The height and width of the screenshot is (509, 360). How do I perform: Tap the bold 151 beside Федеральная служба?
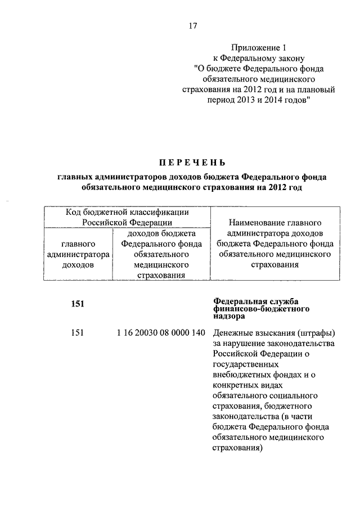click(x=78, y=304)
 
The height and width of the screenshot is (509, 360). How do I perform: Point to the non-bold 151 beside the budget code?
click(x=78, y=332)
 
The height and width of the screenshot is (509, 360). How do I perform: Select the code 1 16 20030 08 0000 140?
click(x=160, y=332)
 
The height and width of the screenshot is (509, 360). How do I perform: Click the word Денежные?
click(x=233, y=332)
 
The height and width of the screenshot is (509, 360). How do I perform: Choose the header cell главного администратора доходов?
click(x=78, y=254)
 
